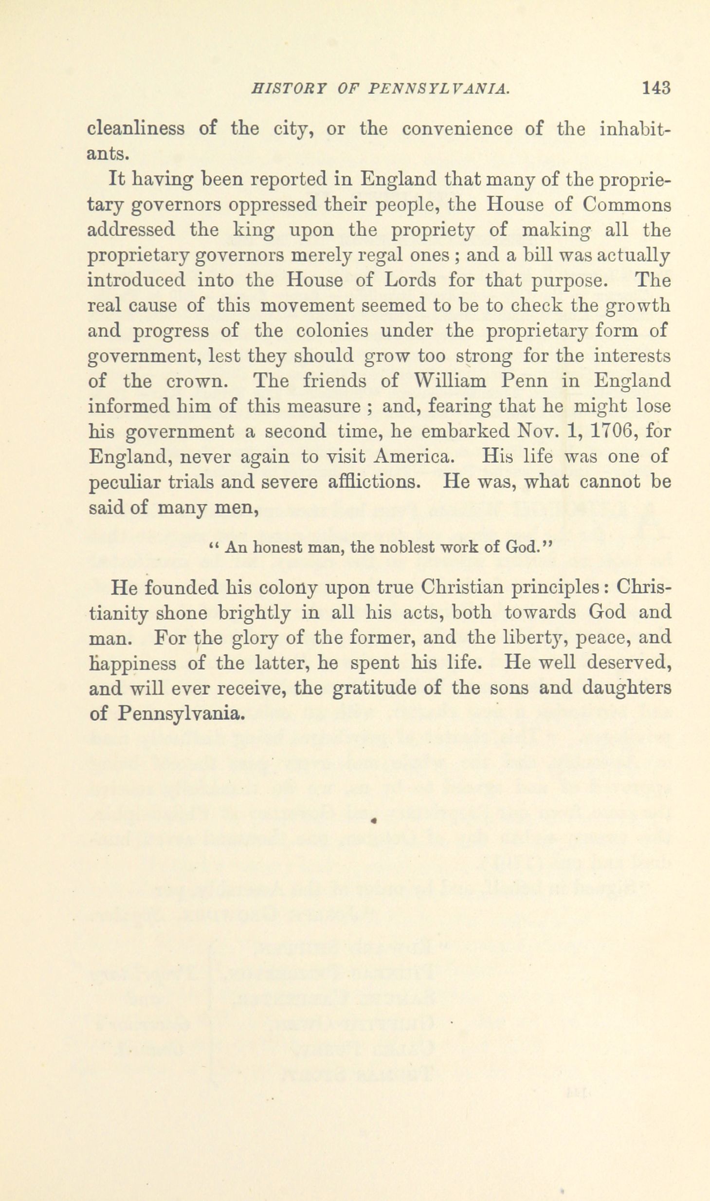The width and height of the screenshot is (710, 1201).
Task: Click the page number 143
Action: click(x=656, y=88)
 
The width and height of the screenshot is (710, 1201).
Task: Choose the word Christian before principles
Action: click(x=462, y=587)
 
